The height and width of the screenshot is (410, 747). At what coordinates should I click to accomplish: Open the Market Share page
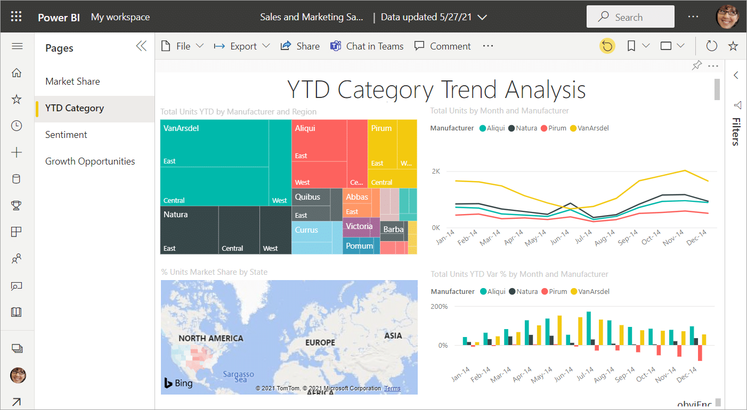72,81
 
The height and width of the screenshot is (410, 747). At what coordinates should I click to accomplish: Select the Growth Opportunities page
90,161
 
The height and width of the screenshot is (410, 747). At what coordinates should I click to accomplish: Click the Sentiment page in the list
66,135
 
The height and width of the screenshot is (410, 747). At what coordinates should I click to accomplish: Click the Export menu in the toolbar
242,46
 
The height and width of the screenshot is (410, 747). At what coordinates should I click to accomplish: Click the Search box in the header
630,17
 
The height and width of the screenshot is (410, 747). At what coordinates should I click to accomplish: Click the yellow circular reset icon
607,46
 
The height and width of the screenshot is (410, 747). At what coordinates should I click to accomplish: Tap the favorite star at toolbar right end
733,46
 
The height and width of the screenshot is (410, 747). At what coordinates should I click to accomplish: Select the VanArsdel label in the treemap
181,128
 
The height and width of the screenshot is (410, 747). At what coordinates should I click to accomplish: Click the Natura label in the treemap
176,215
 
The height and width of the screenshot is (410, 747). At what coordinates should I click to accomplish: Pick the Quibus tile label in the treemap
308,197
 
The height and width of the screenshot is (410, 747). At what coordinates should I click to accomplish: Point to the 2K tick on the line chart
435,171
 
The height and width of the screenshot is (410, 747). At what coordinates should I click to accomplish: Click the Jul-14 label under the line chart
585,239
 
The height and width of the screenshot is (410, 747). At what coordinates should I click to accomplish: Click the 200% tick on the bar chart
439,307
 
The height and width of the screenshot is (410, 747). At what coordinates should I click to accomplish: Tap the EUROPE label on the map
320,342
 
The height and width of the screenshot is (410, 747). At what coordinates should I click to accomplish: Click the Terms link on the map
392,388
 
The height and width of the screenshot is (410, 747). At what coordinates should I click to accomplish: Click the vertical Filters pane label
735,132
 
